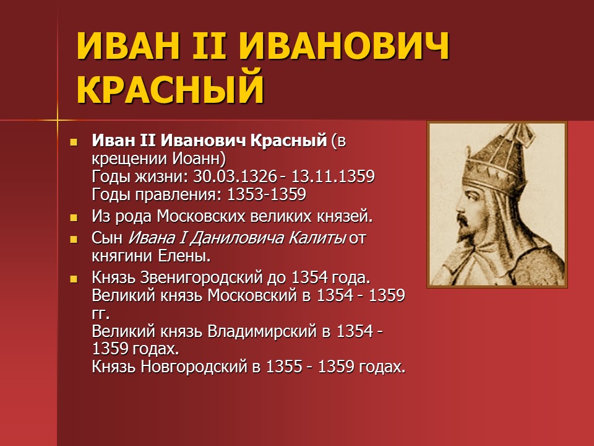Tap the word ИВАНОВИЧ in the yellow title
(x=343, y=49)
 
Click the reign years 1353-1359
(x=266, y=195)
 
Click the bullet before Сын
(x=74, y=238)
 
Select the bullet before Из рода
(x=74, y=217)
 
